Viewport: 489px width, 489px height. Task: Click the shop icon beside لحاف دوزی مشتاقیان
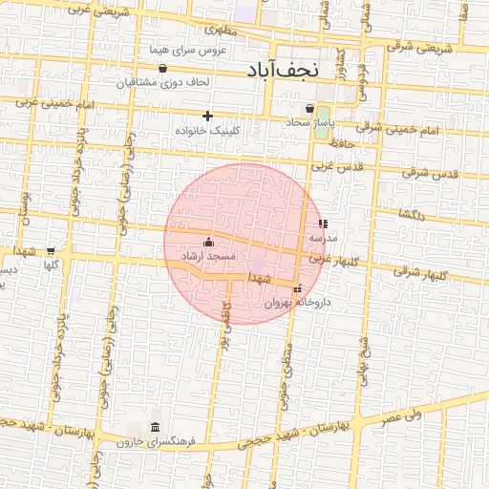pyautogui.click(x=163, y=68)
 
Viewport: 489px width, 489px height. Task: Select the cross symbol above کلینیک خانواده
pyautogui.click(x=207, y=116)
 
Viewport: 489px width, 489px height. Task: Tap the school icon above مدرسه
pyautogui.click(x=321, y=223)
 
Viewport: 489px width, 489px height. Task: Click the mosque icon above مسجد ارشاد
pyautogui.click(x=209, y=243)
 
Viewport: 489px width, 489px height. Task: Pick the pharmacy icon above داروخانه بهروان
pyautogui.click(x=298, y=288)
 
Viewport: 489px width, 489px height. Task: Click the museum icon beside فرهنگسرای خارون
pyautogui.click(x=155, y=426)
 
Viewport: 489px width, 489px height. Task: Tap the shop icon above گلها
pyautogui.click(x=52, y=250)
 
